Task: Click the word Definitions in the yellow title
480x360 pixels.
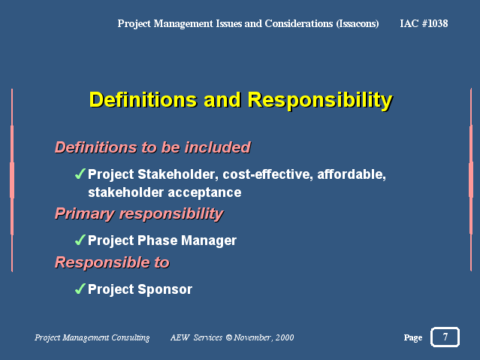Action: [x=143, y=100]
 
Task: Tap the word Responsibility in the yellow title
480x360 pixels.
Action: [x=320, y=101]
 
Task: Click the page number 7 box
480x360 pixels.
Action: [x=445, y=337]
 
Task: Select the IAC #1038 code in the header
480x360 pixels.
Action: [x=424, y=23]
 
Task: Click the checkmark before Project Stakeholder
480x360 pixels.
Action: [x=80, y=174]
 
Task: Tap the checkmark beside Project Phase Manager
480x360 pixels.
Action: [x=80, y=240]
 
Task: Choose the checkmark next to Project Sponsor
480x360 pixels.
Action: [x=80, y=289]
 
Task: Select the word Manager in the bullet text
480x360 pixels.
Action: [x=209, y=241]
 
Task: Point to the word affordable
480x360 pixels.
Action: [x=352, y=174]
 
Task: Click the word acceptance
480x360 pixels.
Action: [x=204, y=192]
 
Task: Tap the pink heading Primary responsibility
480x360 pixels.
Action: [x=139, y=213]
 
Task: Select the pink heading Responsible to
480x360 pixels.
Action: [x=112, y=262]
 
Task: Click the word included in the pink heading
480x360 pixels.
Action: [x=218, y=147]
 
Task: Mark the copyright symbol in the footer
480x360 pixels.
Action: [x=229, y=337]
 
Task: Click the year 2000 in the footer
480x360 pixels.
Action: [x=285, y=337]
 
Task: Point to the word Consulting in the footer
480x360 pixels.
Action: [x=131, y=337]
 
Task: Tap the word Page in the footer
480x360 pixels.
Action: [x=413, y=337]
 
